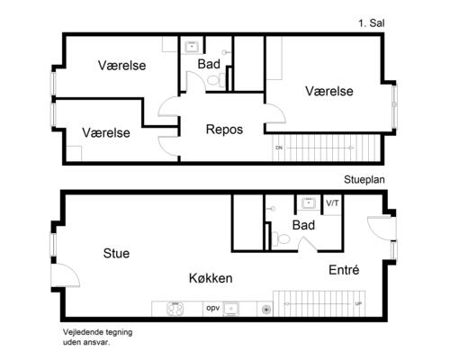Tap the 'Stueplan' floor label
[364, 180]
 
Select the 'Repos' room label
[224, 130]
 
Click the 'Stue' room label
[116, 254]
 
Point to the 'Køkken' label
[211, 278]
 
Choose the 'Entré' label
[344, 269]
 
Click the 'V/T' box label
[332, 202]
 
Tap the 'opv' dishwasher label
[213, 308]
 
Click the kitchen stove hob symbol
[174, 309]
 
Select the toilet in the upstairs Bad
[214, 80]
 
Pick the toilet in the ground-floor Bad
[282, 239]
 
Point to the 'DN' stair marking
[279, 147]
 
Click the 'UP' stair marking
[359, 303]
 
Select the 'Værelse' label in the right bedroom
[328, 91]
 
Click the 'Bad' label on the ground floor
[303, 225]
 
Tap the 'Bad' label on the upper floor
[209, 64]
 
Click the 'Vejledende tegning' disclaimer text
[97, 331]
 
